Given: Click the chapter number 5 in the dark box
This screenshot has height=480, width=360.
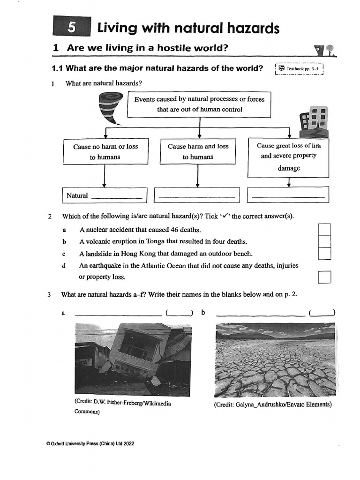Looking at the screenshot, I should (71, 28).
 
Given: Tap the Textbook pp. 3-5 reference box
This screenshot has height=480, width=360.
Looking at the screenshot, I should (300, 69).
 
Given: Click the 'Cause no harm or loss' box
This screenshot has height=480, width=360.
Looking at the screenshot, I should (105, 151).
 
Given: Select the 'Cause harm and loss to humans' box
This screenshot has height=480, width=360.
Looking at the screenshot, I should (198, 151).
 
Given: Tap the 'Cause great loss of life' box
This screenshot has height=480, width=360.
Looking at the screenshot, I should (288, 157).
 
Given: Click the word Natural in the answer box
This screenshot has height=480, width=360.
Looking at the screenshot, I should (77, 195).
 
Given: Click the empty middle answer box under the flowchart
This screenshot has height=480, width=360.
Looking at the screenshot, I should (197, 195).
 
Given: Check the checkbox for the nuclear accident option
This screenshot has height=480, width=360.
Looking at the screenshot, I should (324, 230).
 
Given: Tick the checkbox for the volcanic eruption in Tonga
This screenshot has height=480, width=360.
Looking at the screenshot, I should (324, 241).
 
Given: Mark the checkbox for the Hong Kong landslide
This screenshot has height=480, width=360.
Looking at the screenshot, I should (324, 253).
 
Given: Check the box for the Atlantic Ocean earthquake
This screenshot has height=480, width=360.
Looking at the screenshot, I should (324, 277).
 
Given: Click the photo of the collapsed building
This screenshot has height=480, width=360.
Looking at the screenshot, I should (133, 359).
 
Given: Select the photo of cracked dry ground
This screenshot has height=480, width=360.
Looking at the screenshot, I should (275, 360).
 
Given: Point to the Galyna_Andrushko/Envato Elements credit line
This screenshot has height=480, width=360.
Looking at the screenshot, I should (272, 405).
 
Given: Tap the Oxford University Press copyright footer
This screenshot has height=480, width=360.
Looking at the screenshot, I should (90, 443).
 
